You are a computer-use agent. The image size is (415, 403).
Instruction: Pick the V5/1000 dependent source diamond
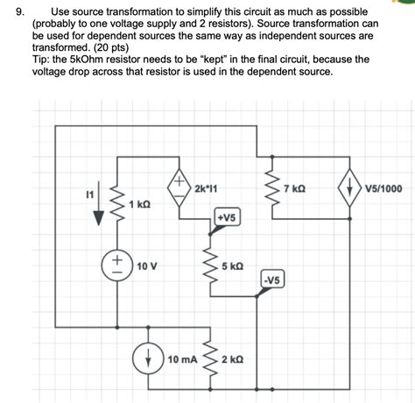pyautogui.click(x=349, y=188)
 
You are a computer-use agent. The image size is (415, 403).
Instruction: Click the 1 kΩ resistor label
pyautogui.click(x=140, y=203)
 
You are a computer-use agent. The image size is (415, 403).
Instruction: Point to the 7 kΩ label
pyautogui.click(x=295, y=188)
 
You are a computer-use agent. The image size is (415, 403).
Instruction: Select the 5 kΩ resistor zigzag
pyautogui.click(x=210, y=264)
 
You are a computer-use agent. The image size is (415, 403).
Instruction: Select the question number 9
pyautogui.click(x=10, y=13)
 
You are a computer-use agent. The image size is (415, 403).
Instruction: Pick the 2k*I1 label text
pyautogui.click(x=207, y=188)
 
